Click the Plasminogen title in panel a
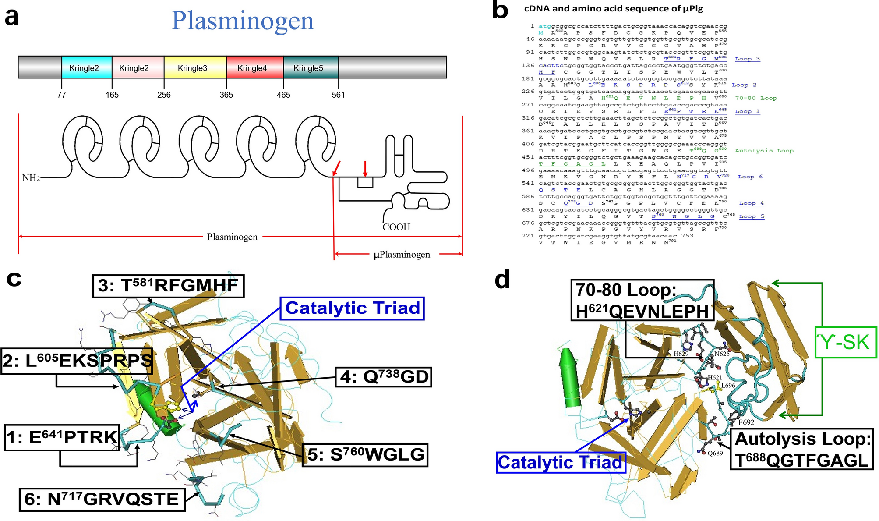tap(243, 21)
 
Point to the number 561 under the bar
tap(338, 95)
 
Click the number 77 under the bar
tap(62, 95)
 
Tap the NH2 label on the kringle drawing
tap(31, 178)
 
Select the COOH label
tap(396, 227)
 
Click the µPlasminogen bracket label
tap(402, 255)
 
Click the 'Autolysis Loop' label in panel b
tap(764, 151)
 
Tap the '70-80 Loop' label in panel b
tap(755, 98)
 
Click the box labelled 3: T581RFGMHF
tap(168, 286)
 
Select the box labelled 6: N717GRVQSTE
tap(102, 500)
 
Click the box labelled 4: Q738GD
tap(383, 377)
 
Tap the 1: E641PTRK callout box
tap(62, 437)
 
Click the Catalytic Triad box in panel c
tap(352, 308)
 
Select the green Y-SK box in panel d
tap(845, 342)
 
